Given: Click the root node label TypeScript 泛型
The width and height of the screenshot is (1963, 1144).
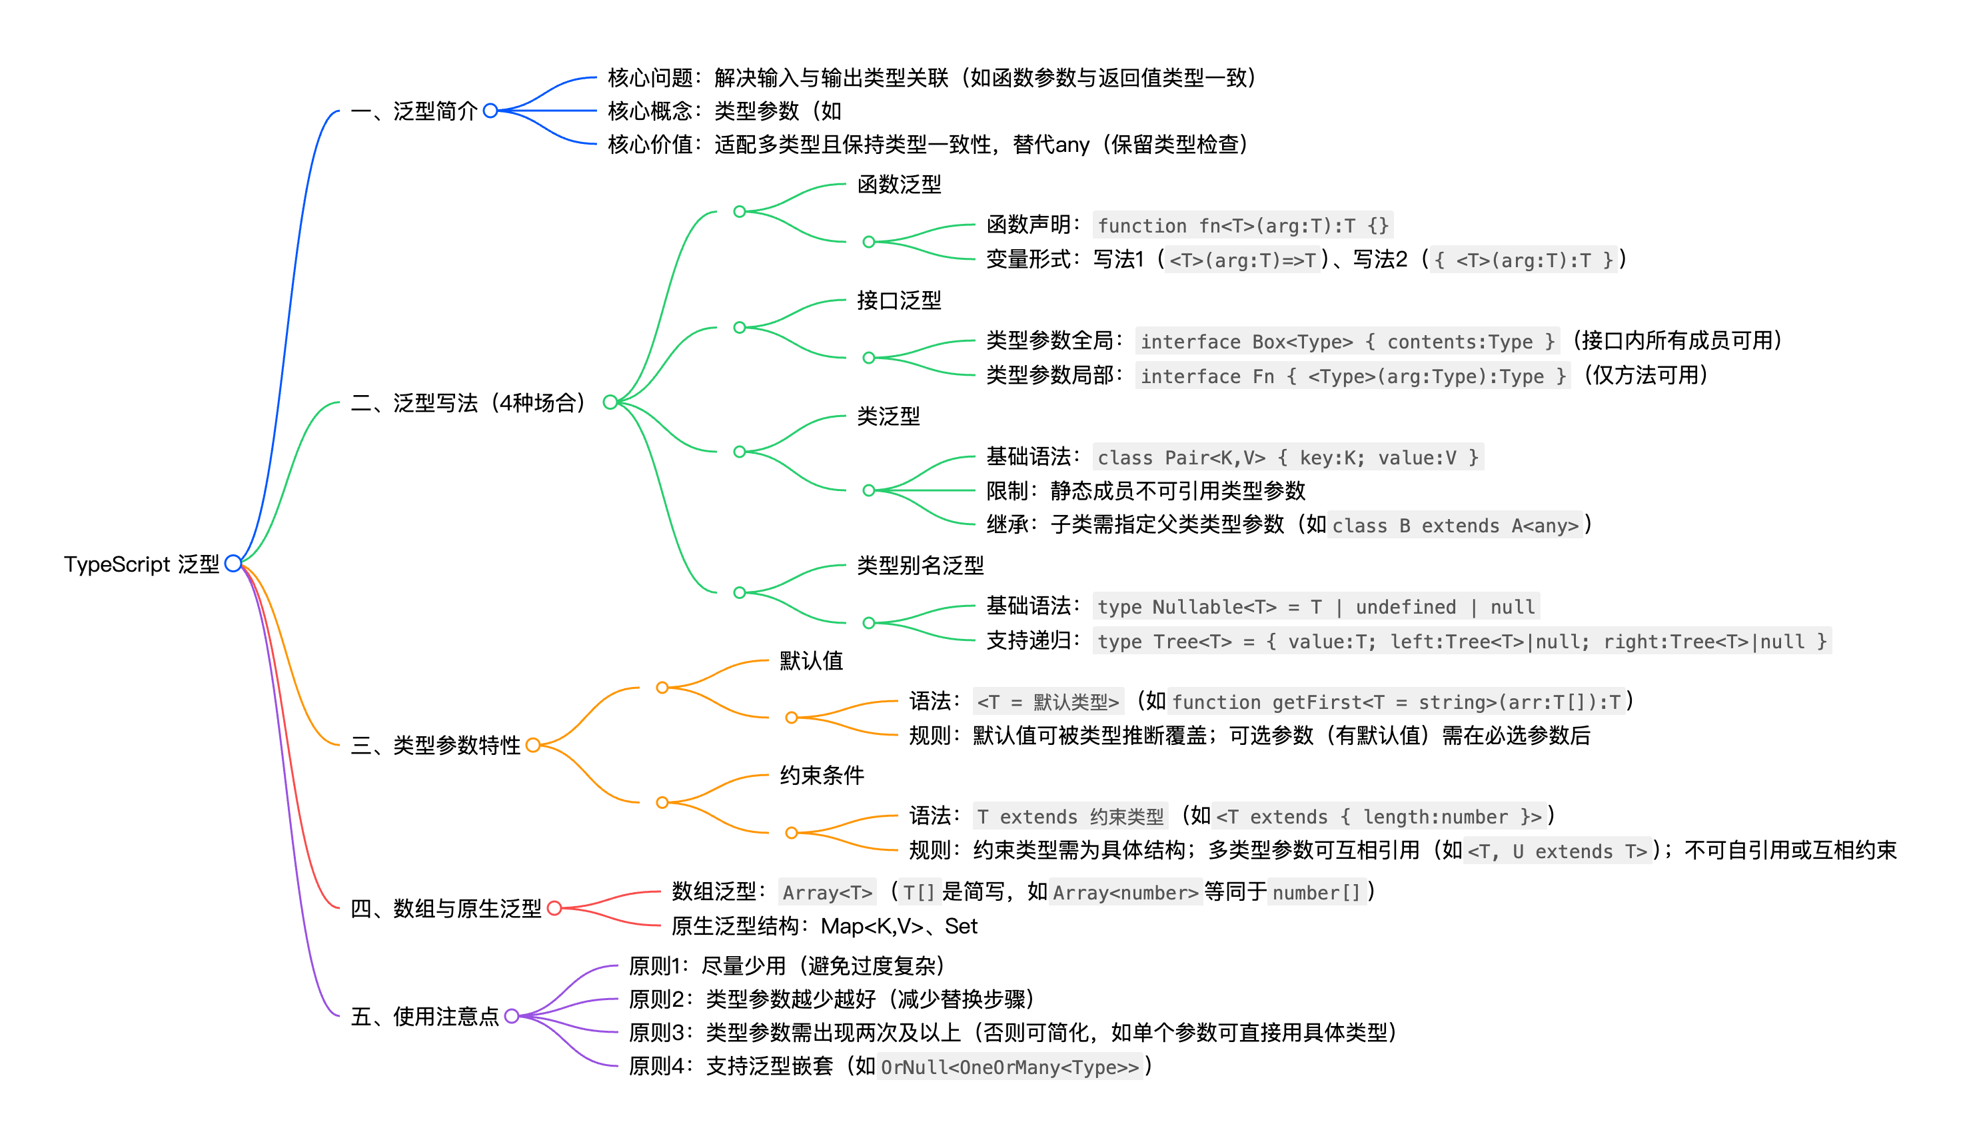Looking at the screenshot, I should [x=141, y=564].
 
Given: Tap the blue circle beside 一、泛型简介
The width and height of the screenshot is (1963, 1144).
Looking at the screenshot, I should [x=490, y=111].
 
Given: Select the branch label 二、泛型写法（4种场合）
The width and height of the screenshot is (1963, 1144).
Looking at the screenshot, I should [x=468, y=402].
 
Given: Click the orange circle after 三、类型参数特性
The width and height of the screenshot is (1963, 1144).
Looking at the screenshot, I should [x=533, y=746].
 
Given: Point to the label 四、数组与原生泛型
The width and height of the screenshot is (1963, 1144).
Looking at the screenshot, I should [x=446, y=908].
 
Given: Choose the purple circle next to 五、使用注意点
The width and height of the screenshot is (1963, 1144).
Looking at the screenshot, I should [x=512, y=1015].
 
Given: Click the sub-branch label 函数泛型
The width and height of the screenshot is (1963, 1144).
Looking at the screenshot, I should [x=899, y=185].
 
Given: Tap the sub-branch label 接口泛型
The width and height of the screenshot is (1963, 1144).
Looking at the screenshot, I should [x=899, y=300].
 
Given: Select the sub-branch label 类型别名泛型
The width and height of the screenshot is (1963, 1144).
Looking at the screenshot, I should [x=920, y=566].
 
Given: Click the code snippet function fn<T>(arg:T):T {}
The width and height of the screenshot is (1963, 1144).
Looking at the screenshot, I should [x=1243, y=226].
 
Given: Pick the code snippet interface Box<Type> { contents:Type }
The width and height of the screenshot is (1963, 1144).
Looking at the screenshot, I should [x=1347, y=341].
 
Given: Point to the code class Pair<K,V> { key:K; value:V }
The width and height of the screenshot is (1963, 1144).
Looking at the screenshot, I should [x=1287, y=457].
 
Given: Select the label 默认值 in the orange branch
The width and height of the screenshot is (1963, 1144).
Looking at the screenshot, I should [x=811, y=660].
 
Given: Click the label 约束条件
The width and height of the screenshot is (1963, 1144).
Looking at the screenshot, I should [x=822, y=775].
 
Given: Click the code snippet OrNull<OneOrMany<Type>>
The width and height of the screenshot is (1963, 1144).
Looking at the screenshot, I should [x=1009, y=1066].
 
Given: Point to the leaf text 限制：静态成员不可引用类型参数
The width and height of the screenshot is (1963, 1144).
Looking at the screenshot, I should [x=1145, y=490].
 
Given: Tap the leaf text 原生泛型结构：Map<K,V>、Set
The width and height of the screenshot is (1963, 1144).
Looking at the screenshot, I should [x=824, y=926].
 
